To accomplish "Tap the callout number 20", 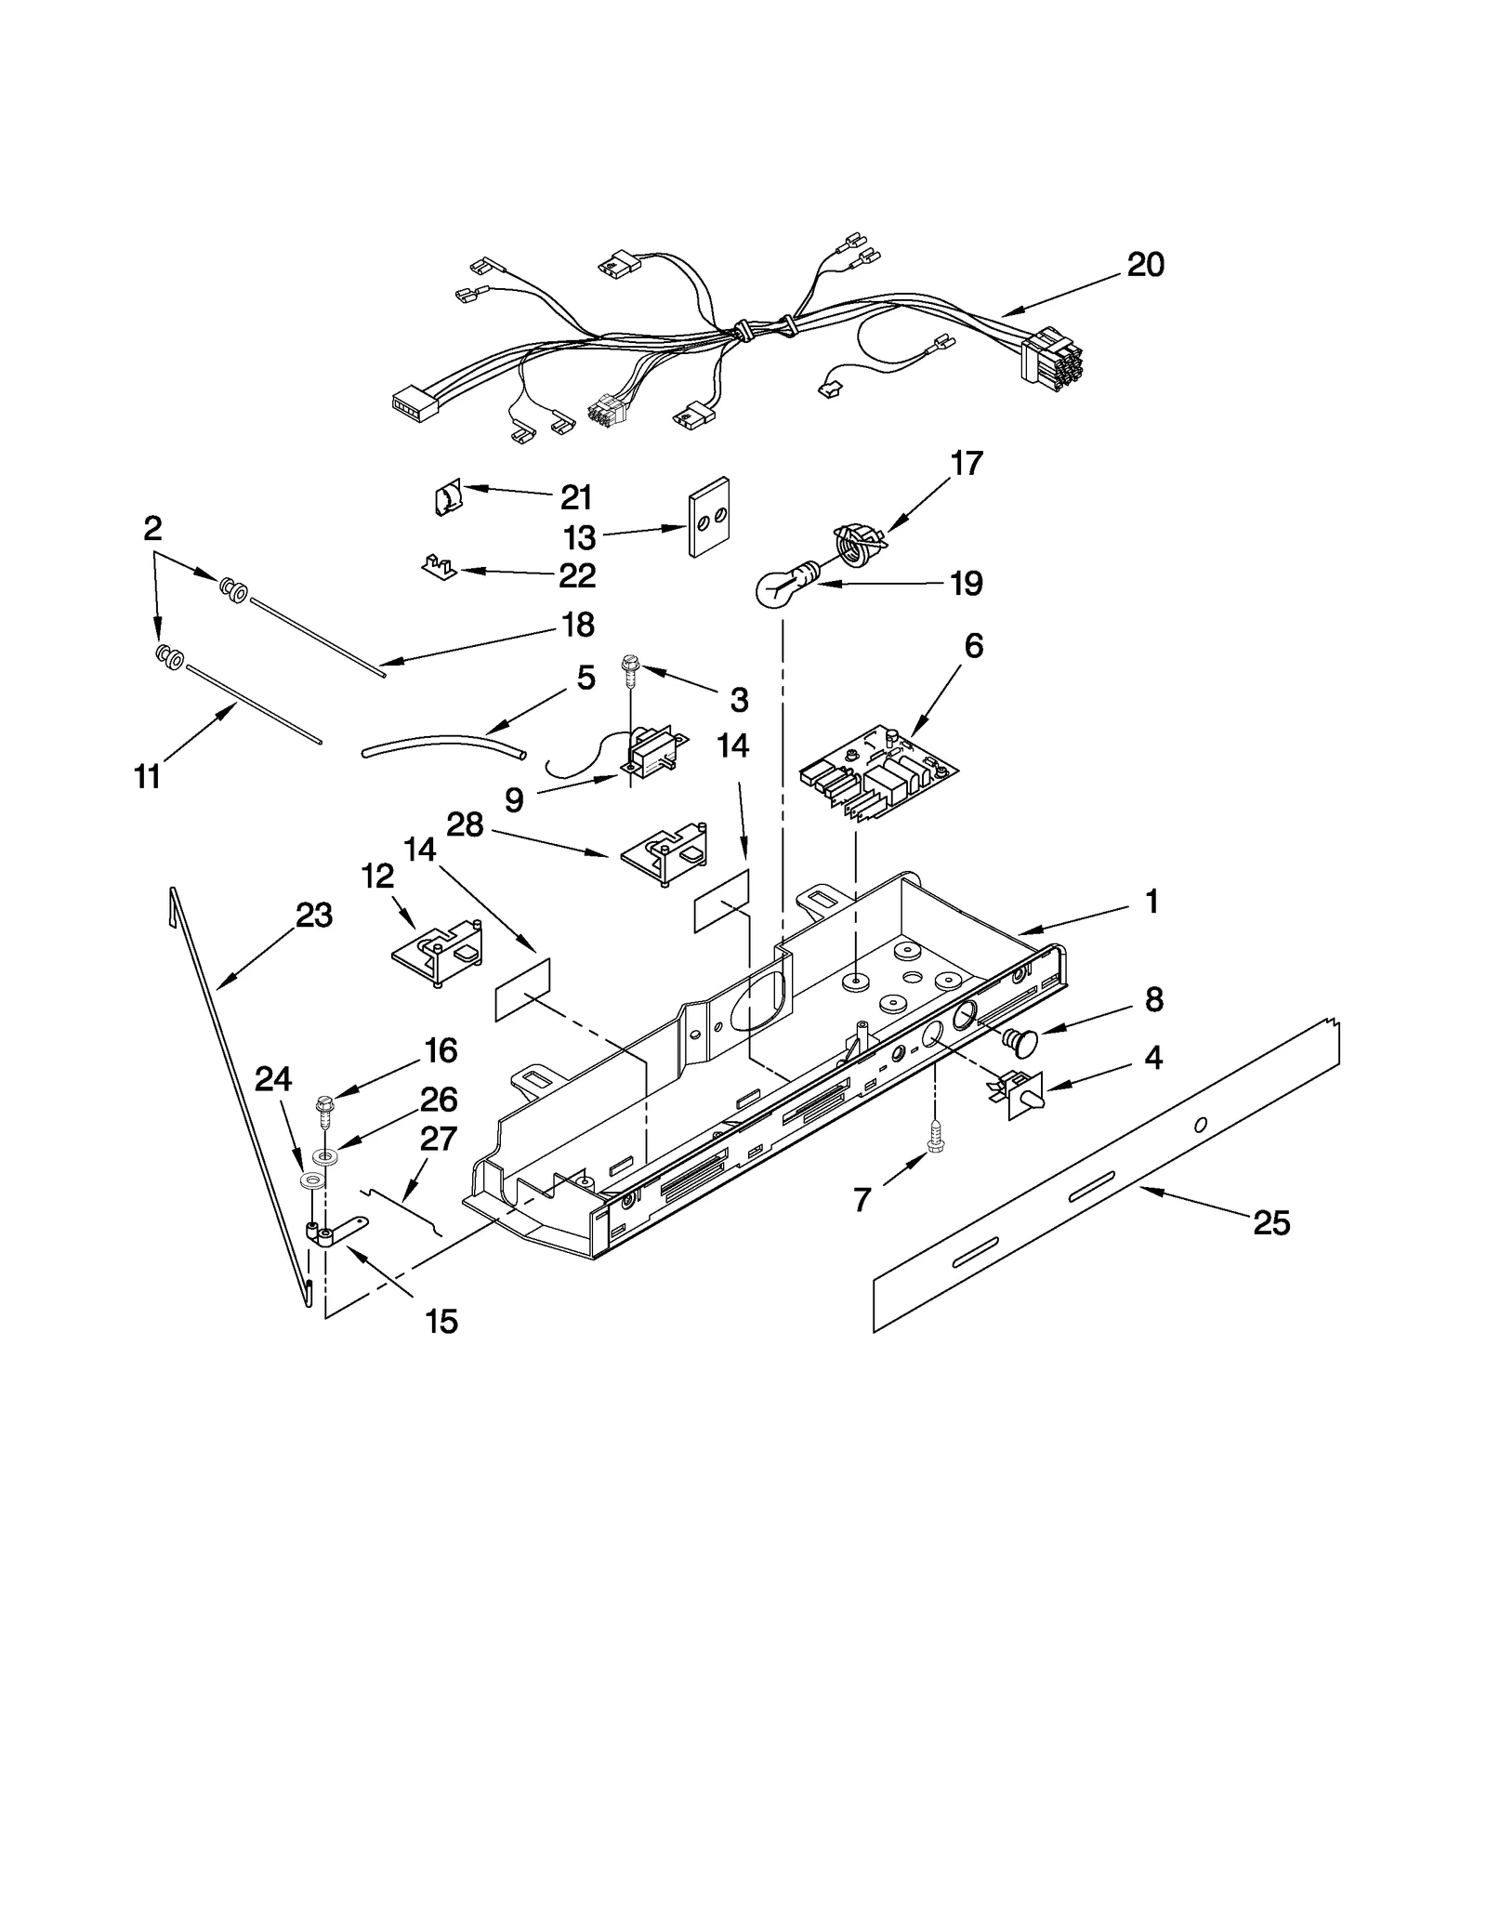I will pyautogui.click(x=1145, y=266).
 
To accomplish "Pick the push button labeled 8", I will pyautogui.click(x=1020, y=1043).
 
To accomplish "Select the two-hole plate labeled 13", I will pyautogui.click(x=708, y=517).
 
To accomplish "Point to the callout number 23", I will pyautogui.click(x=314, y=916).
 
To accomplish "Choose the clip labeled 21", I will pyautogui.click(x=448, y=499).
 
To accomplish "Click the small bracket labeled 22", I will pyautogui.click(x=438, y=565).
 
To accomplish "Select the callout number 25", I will pyautogui.click(x=1271, y=1223).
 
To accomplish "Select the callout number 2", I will pyautogui.click(x=152, y=529).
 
